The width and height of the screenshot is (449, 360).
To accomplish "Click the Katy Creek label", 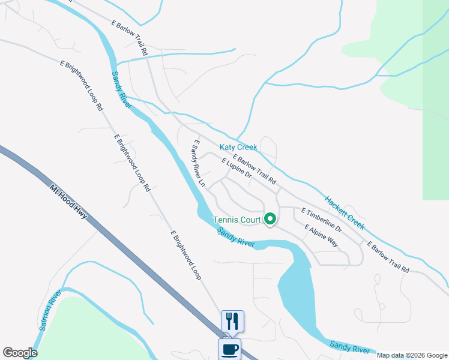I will point(238,147).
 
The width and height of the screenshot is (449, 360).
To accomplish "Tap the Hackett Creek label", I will point(345,213).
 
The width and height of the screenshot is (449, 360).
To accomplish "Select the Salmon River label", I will point(51,311).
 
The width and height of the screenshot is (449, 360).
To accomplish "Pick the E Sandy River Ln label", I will point(199,164).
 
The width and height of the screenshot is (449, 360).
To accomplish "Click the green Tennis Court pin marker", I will point(270,220).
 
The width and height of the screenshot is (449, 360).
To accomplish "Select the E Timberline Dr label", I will point(321,220).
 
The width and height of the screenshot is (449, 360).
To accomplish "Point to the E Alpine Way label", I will point(321,236).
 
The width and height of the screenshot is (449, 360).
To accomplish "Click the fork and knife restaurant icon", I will point(232,320).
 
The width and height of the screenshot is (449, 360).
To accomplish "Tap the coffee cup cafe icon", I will point(229,349).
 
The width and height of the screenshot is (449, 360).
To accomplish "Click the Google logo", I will point(20,353).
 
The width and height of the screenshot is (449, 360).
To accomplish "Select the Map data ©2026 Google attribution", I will point(411,355).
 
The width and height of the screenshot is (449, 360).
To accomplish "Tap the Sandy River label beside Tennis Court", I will point(235,237).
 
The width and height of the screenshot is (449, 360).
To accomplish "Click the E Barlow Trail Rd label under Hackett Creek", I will point(388,257).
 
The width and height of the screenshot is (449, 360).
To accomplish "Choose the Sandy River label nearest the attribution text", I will point(349,346).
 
